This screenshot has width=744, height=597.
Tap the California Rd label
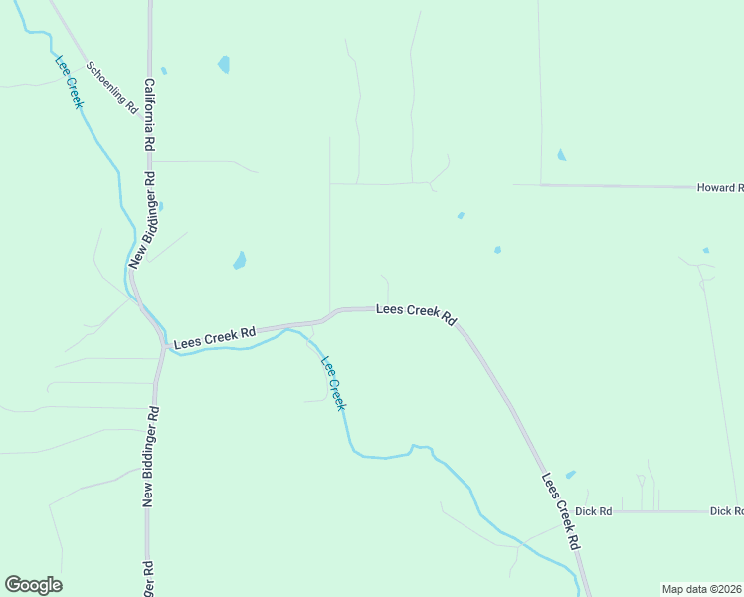tap(149, 114)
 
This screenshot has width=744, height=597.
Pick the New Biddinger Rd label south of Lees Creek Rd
tap(151, 457)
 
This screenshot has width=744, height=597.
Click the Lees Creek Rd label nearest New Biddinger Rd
tap(215, 337)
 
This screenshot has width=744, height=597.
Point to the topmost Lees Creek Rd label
tap(416, 314)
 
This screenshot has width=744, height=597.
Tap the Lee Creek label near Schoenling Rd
tap(69, 82)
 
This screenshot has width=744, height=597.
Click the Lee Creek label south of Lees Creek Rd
tap(333, 382)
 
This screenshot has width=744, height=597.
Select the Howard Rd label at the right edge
tap(719, 187)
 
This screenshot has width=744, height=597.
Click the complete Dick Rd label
tap(593, 511)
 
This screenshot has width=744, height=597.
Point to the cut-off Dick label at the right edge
tap(725, 511)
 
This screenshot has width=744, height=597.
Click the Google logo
tap(33, 585)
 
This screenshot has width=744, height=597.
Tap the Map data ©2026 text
tap(702, 589)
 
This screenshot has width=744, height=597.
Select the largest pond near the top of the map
tap(224, 65)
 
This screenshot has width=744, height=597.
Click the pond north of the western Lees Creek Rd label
tap(240, 261)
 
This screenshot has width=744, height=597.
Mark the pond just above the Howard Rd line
tap(562, 155)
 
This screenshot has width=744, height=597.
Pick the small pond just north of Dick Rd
tap(570, 475)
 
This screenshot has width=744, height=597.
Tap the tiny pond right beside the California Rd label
tap(163, 71)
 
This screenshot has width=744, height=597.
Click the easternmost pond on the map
tap(705, 250)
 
